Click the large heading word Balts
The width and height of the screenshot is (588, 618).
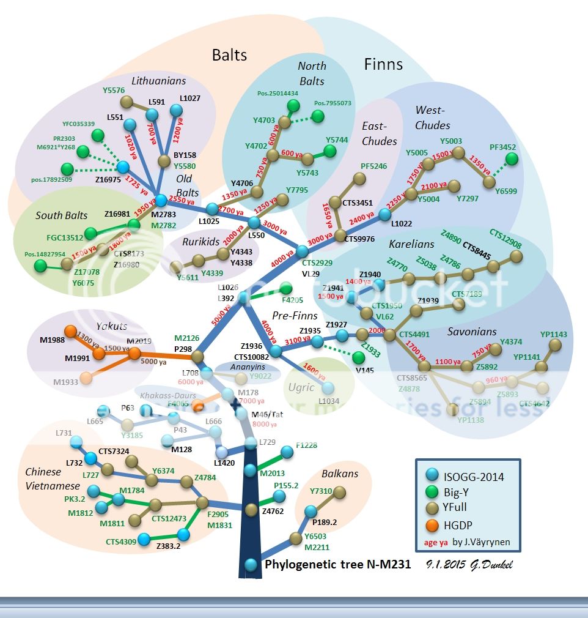click(x=229, y=54)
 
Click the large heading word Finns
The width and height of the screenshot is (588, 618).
click(x=383, y=64)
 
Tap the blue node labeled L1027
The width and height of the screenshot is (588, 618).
click(x=177, y=110)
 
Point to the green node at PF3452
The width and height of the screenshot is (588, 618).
click(x=512, y=159)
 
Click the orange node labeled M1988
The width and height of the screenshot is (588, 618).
click(x=71, y=332)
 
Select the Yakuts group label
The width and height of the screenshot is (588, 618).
click(x=111, y=326)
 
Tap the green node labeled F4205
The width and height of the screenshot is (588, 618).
click(x=285, y=288)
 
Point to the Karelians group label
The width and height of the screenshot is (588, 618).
click(x=411, y=244)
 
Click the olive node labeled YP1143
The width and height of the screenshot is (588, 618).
click(x=556, y=344)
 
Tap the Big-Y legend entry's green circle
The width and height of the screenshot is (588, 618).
click(x=430, y=493)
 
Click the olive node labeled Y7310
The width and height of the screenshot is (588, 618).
click(x=340, y=492)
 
